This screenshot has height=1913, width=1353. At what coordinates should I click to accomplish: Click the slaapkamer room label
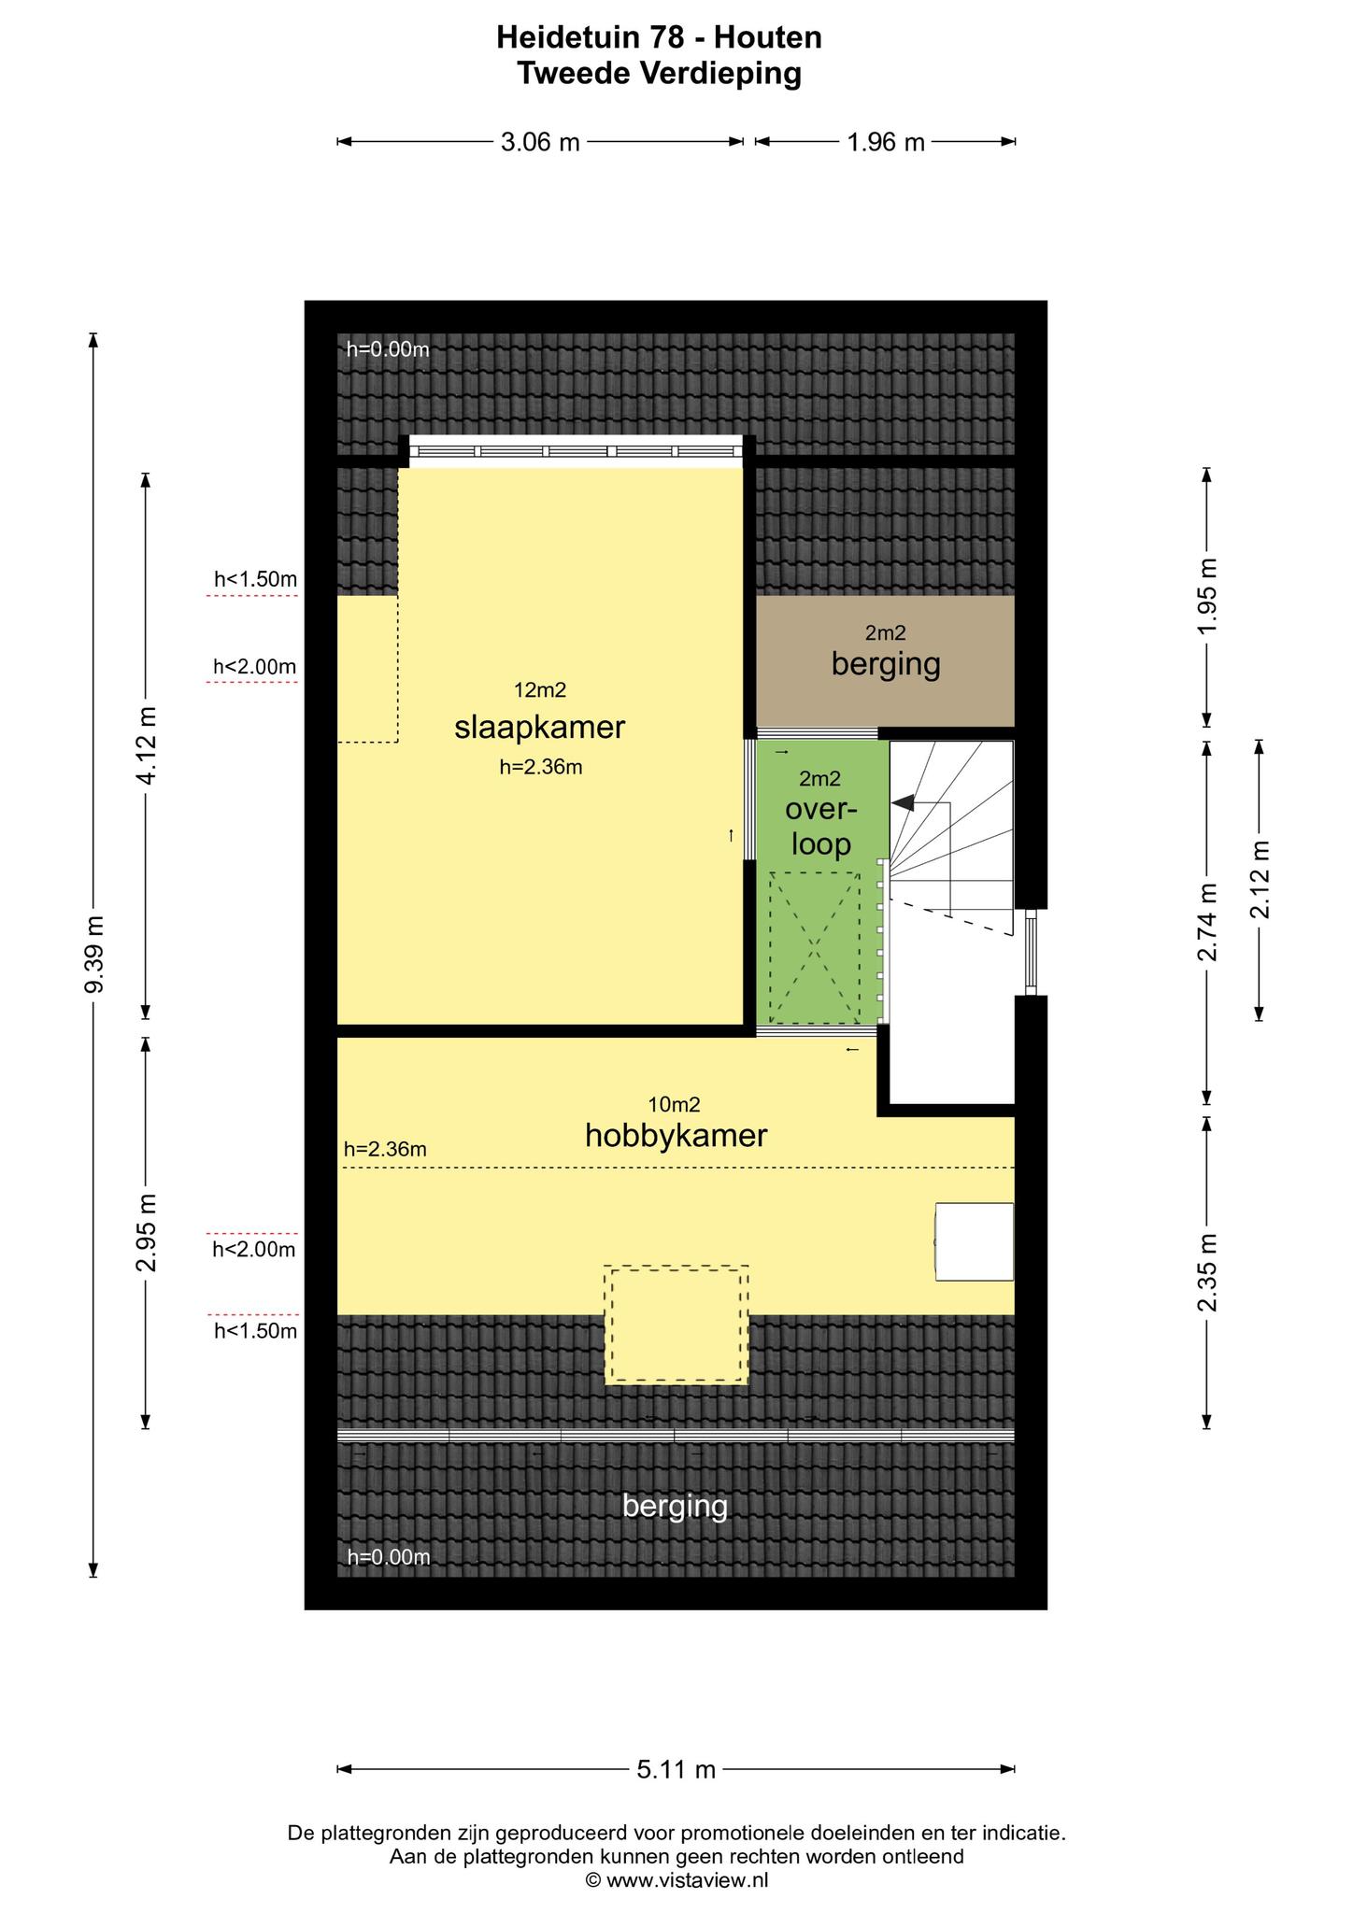pyautogui.click(x=539, y=728)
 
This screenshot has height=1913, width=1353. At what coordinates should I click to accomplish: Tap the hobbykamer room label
pyautogui.click(x=676, y=1136)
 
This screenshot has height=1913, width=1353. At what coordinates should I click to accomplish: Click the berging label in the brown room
pyautogui.click(x=885, y=664)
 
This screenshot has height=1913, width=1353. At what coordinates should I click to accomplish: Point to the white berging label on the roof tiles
pyautogui.click(x=675, y=1506)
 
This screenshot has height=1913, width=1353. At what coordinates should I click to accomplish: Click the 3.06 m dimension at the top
pyautogui.click(x=540, y=142)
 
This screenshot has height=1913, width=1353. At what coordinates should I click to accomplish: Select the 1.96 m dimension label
pyautogui.click(x=885, y=142)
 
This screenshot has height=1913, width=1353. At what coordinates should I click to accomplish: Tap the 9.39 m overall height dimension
pyautogui.click(x=93, y=955)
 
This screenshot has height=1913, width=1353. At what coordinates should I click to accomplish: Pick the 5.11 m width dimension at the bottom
pyautogui.click(x=676, y=1769)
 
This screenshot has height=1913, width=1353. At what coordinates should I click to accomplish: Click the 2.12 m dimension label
pyautogui.click(x=1260, y=879)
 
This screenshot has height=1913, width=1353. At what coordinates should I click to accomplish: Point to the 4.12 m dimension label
pyautogui.click(x=146, y=746)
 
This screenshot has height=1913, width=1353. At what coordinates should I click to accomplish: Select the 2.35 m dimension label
pyautogui.click(x=1207, y=1271)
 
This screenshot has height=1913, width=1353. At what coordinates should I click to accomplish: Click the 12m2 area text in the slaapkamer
pyautogui.click(x=540, y=690)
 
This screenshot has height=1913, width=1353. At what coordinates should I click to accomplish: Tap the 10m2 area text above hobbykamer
pyautogui.click(x=674, y=1104)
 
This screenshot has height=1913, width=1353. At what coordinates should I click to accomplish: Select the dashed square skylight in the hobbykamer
pyautogui.click(x=676, y=1324)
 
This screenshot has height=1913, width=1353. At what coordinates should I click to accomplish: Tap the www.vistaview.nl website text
pyautogui.click(x=687, y=1879)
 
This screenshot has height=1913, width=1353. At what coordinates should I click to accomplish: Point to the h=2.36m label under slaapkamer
pyautogui.click(x=541, y=768)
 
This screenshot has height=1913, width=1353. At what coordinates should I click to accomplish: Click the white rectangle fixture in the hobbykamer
pyautogui.click(x=975, y=1241)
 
